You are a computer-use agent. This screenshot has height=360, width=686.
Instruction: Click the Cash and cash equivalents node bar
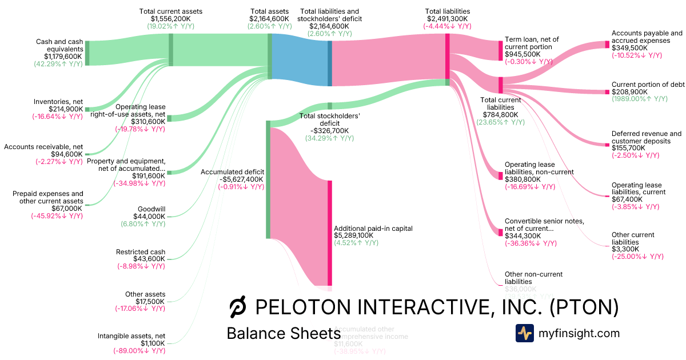(x=87, y=52)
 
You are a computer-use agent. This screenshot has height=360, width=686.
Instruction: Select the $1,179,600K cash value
(x=63, y=56)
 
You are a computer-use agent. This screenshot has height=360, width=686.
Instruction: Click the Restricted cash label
(x=141, y=252)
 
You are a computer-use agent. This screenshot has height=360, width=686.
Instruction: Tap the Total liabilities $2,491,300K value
(x=448, y=18)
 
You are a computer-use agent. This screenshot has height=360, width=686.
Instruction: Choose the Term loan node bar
(x=500, y=51)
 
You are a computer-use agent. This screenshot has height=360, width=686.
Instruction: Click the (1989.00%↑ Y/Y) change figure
(x=639, y=99)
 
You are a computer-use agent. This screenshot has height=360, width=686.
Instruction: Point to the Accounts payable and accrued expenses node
(x=607, y=44)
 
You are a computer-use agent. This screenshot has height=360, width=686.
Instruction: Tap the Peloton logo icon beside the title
(x=237, y=308)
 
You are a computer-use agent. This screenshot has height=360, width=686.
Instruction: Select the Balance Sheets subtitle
(x=283, y=333)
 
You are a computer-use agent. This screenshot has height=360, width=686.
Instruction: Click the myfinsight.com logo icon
(x=524, y=333)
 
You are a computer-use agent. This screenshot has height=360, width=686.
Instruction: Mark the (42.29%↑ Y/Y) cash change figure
(x=58, y=63)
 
